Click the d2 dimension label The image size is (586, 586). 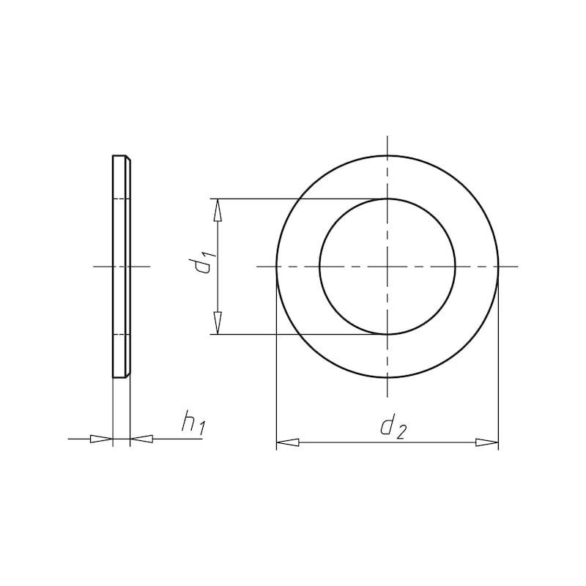click(392, 426)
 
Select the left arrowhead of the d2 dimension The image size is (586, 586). click(288, 442)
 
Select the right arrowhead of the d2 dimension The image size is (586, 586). click(486, 442)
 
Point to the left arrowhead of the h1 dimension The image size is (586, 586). click(101, 439)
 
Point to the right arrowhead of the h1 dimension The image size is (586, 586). click(142, 439)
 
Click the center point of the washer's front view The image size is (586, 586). click(387, 267)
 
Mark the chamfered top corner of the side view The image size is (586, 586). click(129, 158)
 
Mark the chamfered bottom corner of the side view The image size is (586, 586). click(129, 375)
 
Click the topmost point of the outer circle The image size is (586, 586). click(387, 155)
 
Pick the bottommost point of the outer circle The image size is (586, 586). click(387, 378)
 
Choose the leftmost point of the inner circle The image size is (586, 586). click(319, 267)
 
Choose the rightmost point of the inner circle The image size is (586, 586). click(456, 267)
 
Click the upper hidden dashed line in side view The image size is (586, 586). click(121, 199)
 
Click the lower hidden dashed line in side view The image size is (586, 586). click(121, 335)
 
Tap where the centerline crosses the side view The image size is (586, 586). click(121, 267)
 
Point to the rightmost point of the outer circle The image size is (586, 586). click(499, 267)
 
